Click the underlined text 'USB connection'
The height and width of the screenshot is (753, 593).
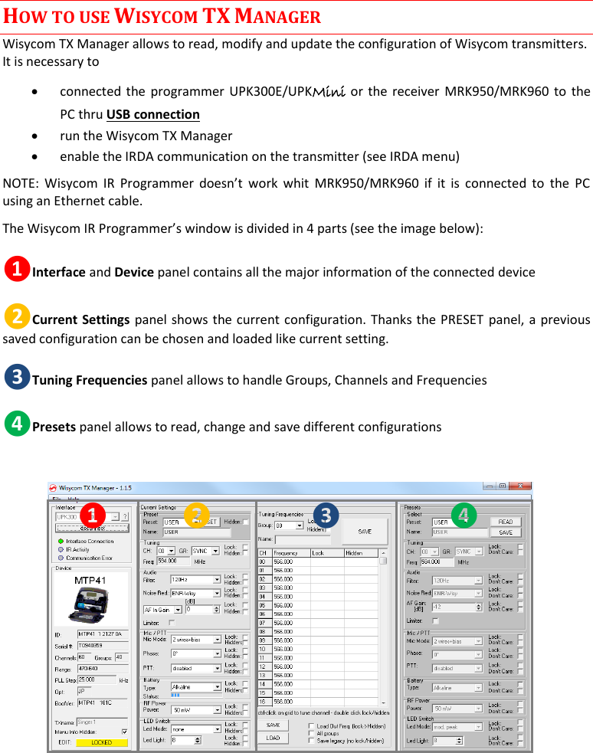tap(152, 115)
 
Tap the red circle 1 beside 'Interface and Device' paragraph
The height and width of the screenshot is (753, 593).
tap(17, 270)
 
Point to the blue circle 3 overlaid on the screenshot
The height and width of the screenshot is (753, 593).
tap(326, 514)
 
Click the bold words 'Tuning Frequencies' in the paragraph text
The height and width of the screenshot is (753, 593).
tap(90, 380)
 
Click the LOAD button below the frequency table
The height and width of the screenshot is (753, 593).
tap(273, 738)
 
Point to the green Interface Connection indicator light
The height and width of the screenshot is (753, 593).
tap(60, 541)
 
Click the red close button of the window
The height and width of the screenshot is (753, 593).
tap(523, 486)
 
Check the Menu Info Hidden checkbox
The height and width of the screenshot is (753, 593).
tap(124, 732)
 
